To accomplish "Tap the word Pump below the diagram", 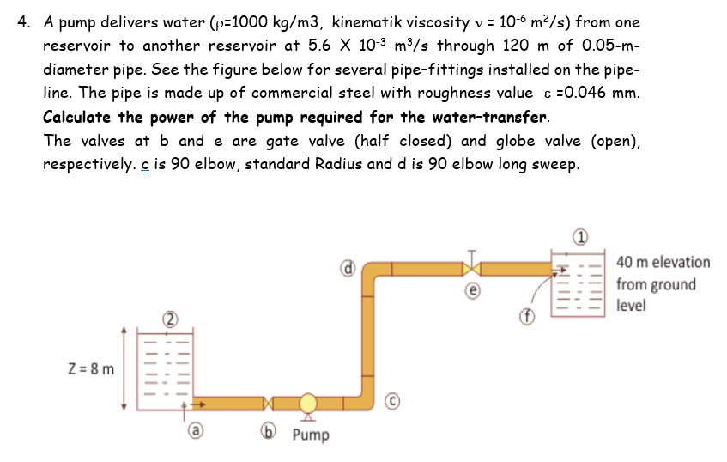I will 310,435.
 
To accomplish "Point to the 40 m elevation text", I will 663,262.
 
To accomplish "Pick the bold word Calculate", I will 77,117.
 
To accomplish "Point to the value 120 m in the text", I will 513,46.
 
